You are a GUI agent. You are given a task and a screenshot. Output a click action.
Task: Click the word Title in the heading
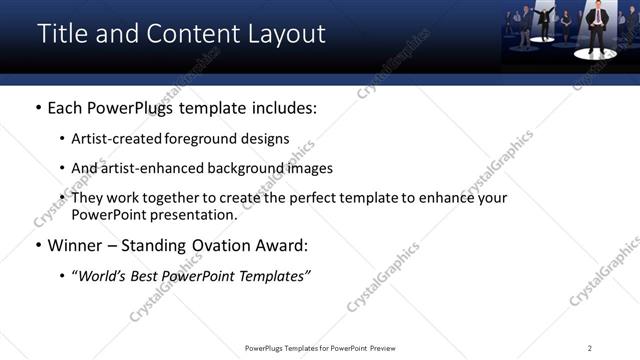click(x=64, y=34)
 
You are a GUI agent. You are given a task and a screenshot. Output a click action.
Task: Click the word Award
click(x=282, y=244)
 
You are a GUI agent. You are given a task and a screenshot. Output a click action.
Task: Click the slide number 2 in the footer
click(x=590, y=348)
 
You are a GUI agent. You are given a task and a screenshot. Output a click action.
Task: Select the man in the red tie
click(x=597, y=25)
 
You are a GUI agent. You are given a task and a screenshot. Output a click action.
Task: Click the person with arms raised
click(x=546, y=20)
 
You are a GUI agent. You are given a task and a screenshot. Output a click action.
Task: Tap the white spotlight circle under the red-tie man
click(x=598, y=50)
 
